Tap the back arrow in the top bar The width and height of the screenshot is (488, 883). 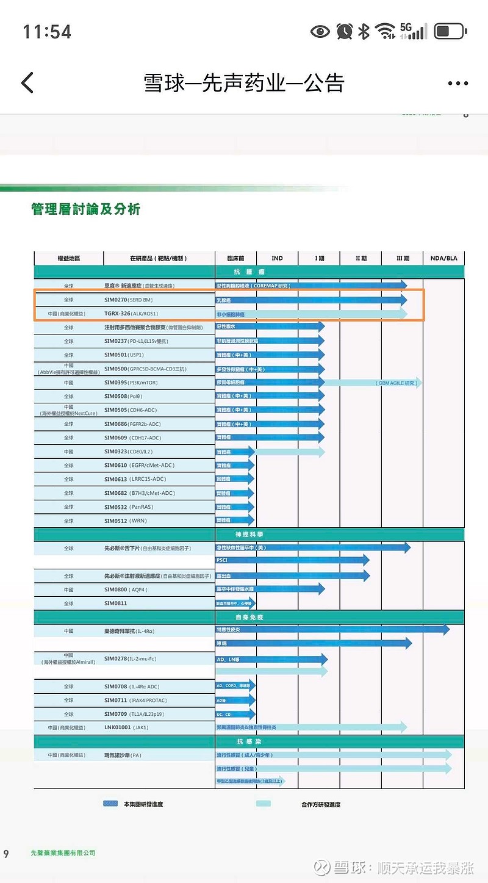[x=27, y=82]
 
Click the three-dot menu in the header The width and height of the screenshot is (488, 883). [x=457, y=83]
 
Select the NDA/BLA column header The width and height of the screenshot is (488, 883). [x=443, y=258]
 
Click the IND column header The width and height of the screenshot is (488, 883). [x=277, y=258]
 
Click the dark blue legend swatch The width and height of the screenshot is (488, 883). [x=110, y=804]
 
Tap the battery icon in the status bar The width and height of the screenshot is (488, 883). [x=450, y=31]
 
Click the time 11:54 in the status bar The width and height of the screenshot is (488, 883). [x=47, y=32]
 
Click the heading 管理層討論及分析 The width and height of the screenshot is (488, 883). [x=86, y=209]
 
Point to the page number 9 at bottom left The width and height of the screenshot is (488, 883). [x=6, y=853]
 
